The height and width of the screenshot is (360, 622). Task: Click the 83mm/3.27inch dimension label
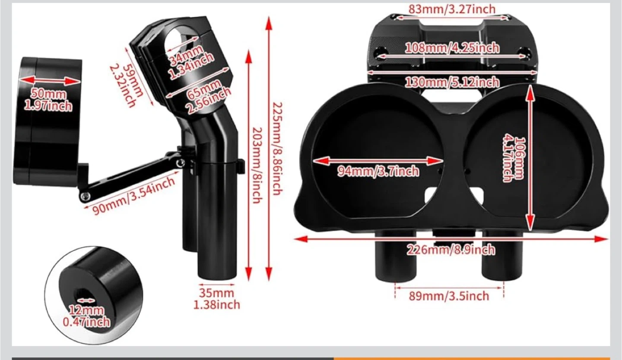(452, 9)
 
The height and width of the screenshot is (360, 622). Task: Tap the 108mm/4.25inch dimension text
(452, 48)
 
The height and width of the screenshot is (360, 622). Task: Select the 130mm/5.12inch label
(452, 82)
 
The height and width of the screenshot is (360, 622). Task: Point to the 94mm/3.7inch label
(378, 171)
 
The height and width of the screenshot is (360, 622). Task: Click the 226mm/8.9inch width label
(451, 249)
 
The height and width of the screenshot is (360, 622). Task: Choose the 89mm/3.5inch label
(449, 296)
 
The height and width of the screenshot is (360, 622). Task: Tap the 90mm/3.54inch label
(134, 195)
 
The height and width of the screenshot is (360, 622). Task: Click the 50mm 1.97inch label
(48, 100)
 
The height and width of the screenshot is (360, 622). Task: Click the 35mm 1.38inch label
(216, 299)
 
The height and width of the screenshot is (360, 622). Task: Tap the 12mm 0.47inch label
(86, 316)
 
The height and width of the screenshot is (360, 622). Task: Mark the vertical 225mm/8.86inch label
(276, 149)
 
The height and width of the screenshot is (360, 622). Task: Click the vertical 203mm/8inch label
(257, 165)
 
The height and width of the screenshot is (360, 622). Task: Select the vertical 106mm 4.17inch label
(514, 160)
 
